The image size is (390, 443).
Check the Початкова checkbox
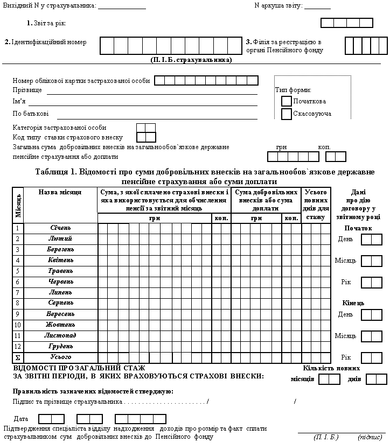click(287, 101)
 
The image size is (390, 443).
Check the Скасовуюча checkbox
click(287, 114)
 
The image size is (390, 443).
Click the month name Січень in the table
click(61, 228)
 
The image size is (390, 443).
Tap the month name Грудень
click(61, 346)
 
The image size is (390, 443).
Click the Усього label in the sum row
click(61, 357)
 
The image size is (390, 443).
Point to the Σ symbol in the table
click(18, 357)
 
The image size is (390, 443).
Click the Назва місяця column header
click(60, 192)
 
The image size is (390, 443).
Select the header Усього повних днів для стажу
click(316, 205)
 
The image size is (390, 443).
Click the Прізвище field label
click(27, 90)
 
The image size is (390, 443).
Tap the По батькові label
click(31, 114)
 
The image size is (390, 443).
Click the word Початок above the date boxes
click(358, 228)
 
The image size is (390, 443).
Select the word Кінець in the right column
click(353, 303)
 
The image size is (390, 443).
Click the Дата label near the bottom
click(22, 418)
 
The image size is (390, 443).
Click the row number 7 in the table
click(18, 292)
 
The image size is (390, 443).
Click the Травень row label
click(61, 271)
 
